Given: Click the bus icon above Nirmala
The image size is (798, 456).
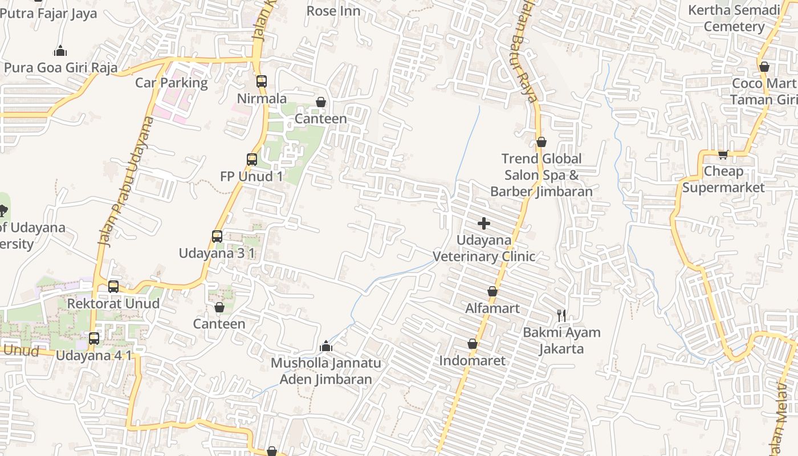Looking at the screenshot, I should [x=262, y=82].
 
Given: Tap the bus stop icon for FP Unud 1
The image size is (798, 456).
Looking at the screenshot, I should [x=252, y=160].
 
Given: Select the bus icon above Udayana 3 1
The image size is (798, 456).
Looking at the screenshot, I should [x=217, y=236].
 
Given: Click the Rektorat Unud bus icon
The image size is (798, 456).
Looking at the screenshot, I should [x=113, y=286].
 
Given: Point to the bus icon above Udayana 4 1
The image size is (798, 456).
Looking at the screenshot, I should [x=94, y=339].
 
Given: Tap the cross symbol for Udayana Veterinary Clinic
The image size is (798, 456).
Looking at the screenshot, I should [x=483, y=223].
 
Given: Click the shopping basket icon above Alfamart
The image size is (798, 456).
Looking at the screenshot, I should [x=492, y=292].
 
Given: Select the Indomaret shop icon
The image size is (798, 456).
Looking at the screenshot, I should [x=472, y=344].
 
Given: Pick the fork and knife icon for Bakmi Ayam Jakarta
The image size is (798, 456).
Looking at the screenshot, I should [x=561, y=315].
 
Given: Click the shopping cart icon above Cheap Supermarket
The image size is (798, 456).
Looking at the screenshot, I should [x=723, y=154].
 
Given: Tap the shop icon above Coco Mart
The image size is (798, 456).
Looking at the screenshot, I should [x=764, y=67].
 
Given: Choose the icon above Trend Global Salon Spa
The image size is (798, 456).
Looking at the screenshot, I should [x=541, y=142].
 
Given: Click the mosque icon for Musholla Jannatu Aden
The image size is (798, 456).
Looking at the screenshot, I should [x=326, y=346].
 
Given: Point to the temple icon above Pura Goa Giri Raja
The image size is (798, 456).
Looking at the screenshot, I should [x=60, y=51].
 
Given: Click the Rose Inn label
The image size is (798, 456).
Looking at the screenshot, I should [x=333, y=11].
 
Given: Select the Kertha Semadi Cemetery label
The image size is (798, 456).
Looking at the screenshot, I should [x=734, y=18].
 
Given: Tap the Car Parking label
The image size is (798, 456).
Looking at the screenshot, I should [x=172, y=83].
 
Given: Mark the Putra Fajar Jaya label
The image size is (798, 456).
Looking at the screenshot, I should [x=49, y=14].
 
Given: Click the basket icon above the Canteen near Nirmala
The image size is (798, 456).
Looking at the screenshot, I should [x=321, y=102].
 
